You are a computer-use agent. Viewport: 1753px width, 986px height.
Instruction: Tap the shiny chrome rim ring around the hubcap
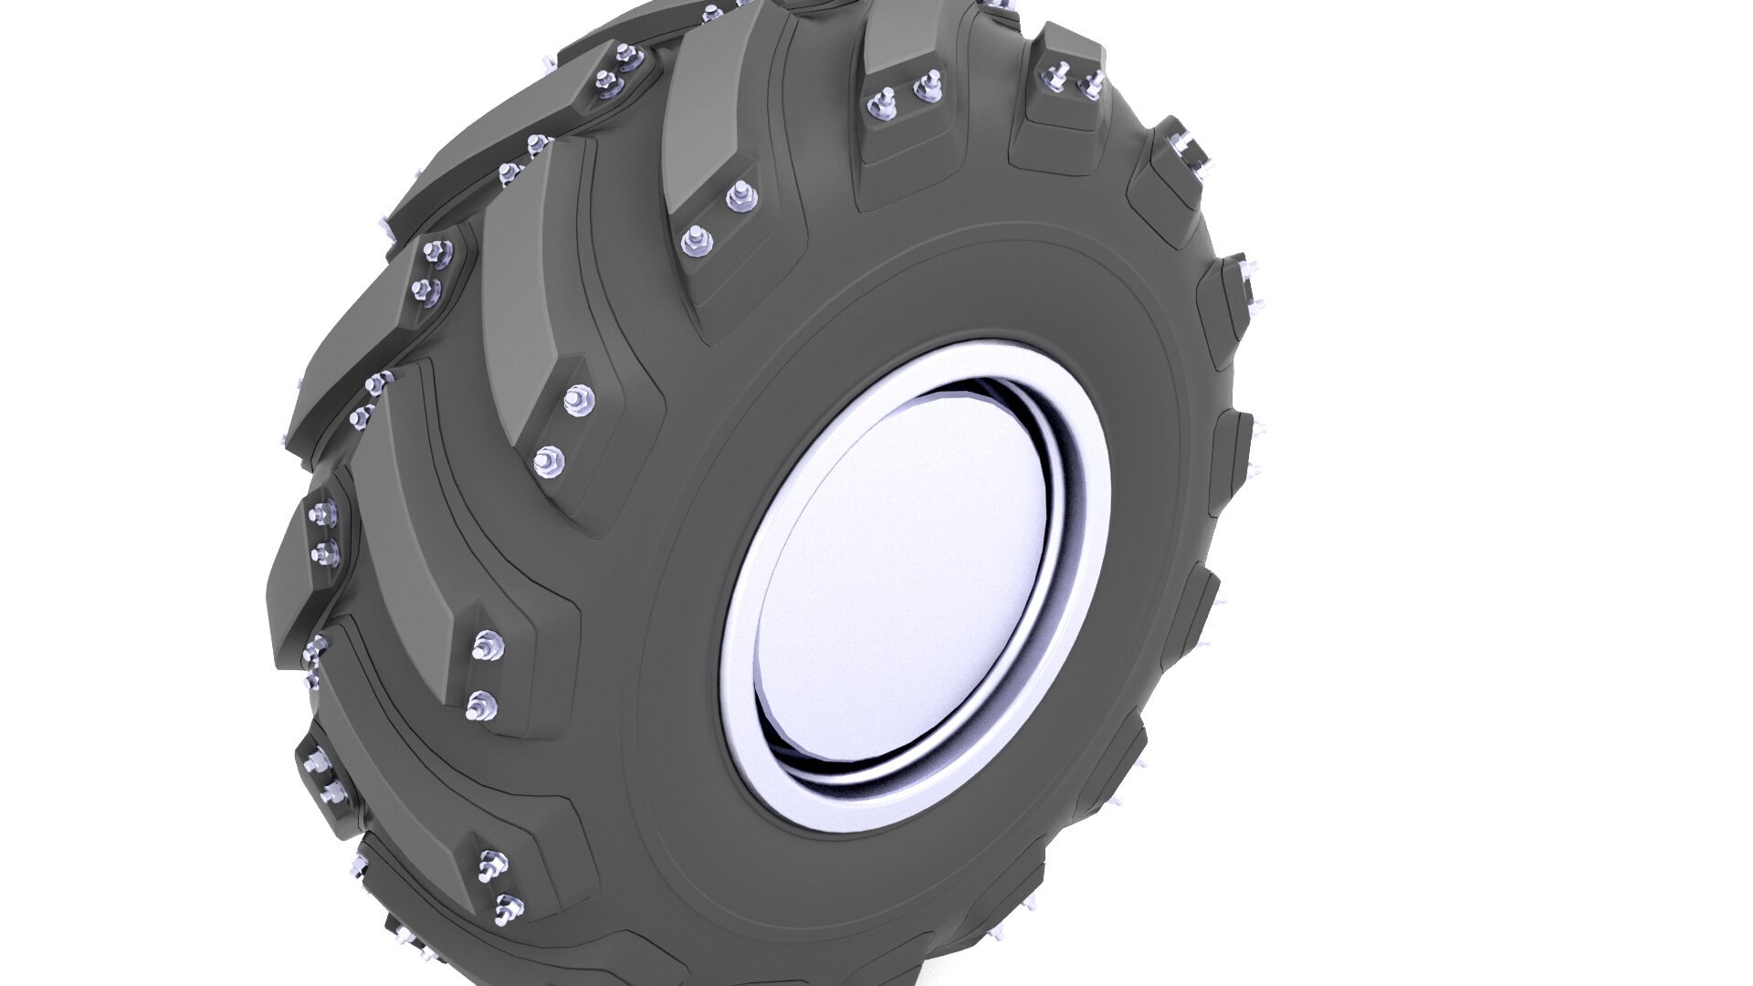1086,548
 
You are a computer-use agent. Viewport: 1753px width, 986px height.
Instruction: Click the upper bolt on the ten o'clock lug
577,399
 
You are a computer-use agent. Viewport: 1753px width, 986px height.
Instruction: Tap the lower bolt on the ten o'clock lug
548,461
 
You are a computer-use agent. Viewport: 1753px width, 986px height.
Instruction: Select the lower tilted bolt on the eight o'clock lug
508,909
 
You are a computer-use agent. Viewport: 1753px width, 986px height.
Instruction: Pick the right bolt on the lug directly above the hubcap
929,84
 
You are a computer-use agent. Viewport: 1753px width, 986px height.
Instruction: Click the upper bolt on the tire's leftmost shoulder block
321,517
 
